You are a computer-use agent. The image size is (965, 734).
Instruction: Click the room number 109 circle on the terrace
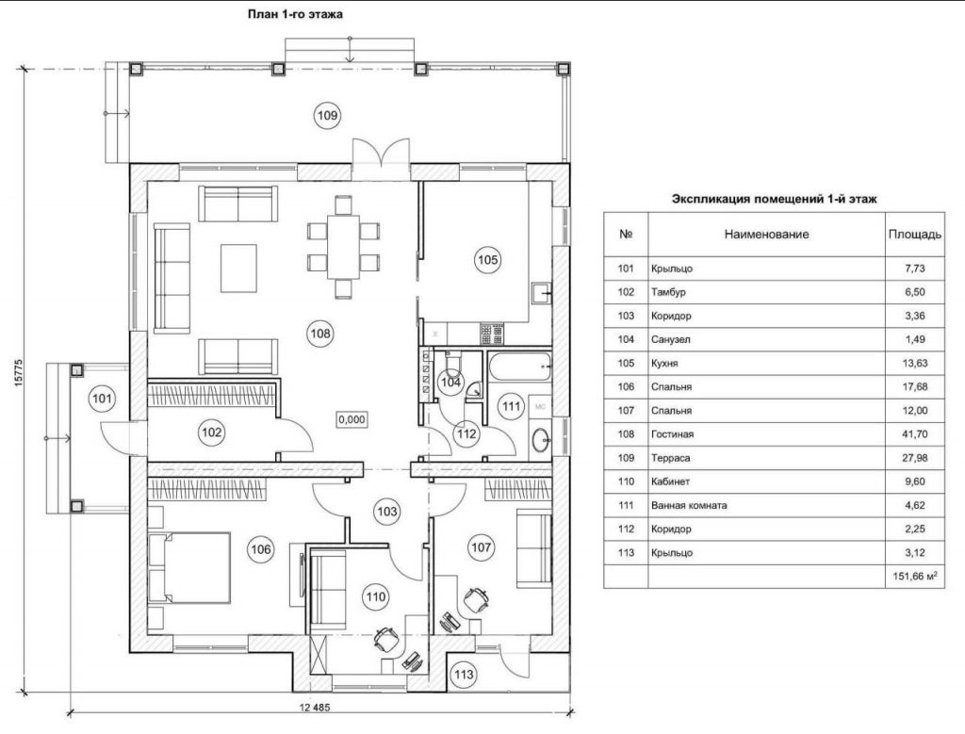(327, 115)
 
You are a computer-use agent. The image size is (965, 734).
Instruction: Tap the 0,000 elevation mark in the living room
(352, 419)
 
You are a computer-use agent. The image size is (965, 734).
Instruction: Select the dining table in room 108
(343, 246)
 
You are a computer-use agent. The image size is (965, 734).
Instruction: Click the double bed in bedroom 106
(189, 568)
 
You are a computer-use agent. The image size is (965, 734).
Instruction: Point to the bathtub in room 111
(520, 367)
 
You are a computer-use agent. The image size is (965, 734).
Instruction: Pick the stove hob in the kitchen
(492, 334)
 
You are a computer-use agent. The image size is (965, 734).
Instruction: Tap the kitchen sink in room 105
(542, 293)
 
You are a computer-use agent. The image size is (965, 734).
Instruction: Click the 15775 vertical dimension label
(19, 373)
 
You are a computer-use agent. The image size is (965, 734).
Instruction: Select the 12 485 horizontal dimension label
(315, 707)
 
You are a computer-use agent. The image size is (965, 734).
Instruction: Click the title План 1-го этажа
(295, 14)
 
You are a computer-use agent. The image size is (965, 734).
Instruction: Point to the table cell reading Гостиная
(672, 434)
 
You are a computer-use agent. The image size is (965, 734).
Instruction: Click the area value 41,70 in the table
(914, 434)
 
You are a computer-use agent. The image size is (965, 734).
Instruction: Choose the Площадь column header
(914, 235)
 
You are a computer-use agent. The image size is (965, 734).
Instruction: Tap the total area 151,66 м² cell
(915, 577)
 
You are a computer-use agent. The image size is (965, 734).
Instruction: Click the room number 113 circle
(464, 675)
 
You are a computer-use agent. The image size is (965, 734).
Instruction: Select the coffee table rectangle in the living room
(238, 269)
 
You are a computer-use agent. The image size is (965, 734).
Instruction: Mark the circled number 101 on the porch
(102, 399)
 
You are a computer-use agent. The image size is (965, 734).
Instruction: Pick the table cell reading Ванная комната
(689, 505)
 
